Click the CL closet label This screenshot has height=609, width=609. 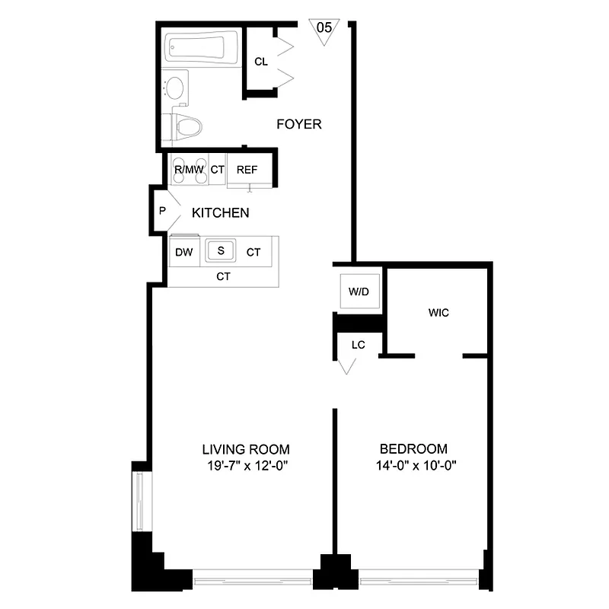click(261, 62)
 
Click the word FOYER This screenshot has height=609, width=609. click(298, 124)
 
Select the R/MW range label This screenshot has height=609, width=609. click(188, 169)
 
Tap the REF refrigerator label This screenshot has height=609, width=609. click(247, 169)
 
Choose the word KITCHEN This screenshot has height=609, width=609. click(220, 213)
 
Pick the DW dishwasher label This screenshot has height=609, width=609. click(183, 252)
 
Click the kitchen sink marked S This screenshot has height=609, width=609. click(222, 250)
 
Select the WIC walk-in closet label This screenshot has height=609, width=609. click(438, 312)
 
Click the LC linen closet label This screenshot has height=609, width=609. click(359, 344)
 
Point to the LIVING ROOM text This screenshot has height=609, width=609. click(245, 449)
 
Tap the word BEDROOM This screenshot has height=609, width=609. click(413, 449)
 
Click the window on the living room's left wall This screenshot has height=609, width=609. click(140, 502)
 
